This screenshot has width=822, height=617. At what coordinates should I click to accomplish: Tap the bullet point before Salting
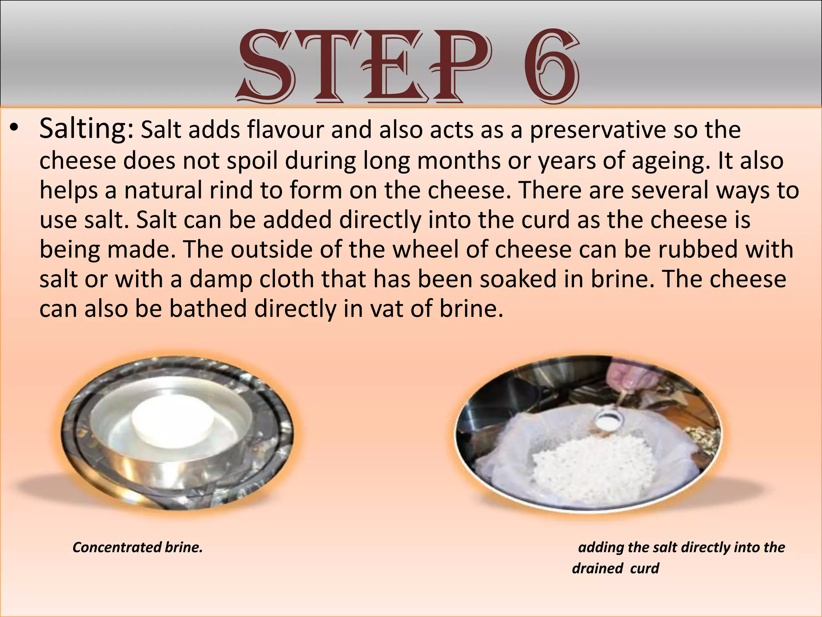coord(15,129)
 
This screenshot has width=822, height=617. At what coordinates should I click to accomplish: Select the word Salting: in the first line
coord(86,129)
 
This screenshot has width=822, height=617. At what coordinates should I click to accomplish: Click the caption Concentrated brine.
coord(138,548)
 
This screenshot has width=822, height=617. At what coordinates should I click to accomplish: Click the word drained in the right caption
coord(597,568)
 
